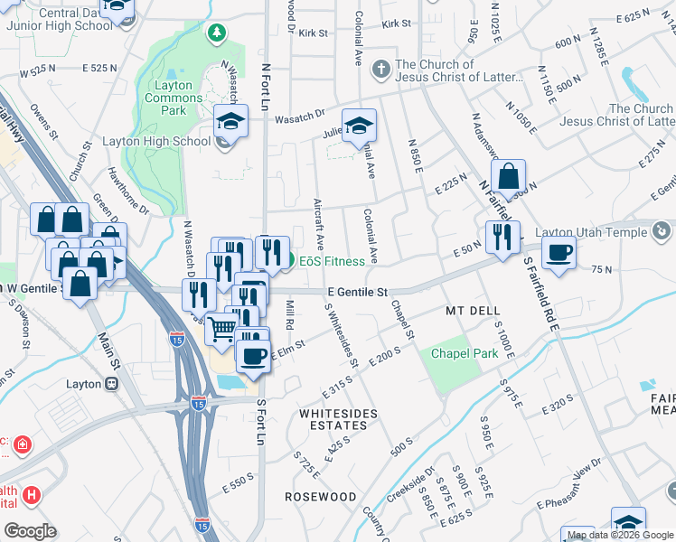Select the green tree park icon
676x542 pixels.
[215, 34]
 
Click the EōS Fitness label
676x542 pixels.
[332, 261]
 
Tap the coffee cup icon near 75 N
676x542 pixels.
[559, 256]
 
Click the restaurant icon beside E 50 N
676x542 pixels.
[500, 237]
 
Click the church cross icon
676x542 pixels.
[381, 67]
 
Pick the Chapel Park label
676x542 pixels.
[464, 353]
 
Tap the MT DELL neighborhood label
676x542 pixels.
[473, 311]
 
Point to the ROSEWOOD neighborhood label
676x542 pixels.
[320, 497]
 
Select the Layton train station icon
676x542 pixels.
[112, 383]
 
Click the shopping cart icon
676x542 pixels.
[221, 329]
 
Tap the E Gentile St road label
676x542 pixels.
[358, 293]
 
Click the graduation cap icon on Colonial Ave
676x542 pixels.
[358, 126]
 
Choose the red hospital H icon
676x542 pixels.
[32, 495]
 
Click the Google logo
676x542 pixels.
[30, 531]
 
